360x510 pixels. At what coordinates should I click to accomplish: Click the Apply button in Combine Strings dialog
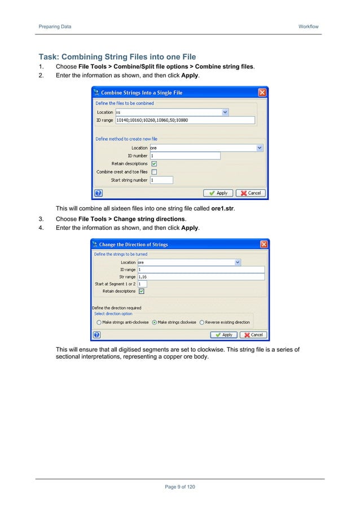(x=217, y=193)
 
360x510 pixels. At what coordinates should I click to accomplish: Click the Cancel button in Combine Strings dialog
(x=251, y=193)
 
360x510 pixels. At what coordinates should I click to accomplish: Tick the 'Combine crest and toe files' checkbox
(x=154, y=172)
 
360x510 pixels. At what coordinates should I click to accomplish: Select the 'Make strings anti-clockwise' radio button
(x=99, y=322)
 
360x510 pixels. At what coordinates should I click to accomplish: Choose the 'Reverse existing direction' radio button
(x=201, y=322)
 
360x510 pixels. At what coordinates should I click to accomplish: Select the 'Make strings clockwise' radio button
(x=155, y=322)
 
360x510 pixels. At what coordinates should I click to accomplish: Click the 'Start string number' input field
(x=161, y=180)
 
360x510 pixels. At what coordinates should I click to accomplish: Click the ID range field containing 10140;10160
(x=185, y=120)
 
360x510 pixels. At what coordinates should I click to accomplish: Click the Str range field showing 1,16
(x=200, y=277)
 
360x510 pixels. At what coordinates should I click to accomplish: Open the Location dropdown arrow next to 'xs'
(x=226, y=112)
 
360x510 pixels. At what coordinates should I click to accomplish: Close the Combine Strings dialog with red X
(x=262, y=93)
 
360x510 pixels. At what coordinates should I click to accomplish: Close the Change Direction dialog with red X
(x=264, y=245)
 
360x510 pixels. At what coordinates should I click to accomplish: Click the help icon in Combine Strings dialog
(x=98, y=193)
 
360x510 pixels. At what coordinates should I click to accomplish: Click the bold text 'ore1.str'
(x=218, y=208)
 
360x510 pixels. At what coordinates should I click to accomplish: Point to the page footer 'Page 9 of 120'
(x=179, y=487)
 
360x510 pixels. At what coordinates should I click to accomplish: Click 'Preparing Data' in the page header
(x=55, y=27)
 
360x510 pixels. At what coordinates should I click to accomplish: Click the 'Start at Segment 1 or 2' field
(x=142, y=284)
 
